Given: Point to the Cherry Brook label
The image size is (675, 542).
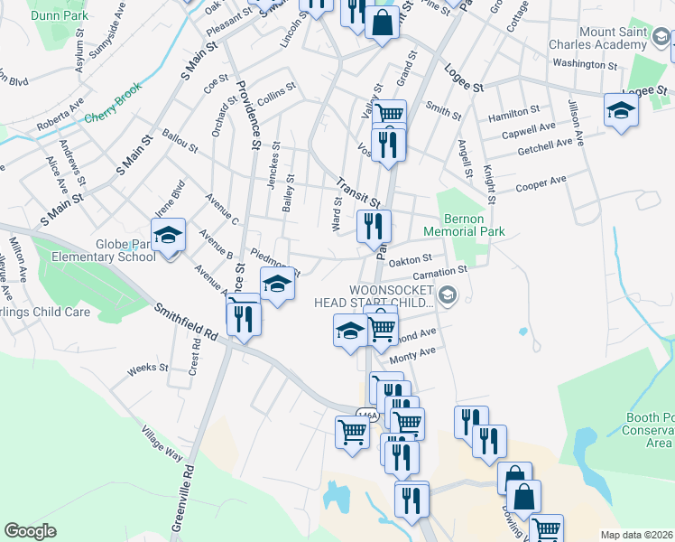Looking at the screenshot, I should pyautogui.click(x=113, y=117).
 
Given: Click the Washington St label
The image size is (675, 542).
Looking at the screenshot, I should pyautogui.click(x=584, y=64).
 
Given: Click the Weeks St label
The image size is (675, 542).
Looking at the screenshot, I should pyautogui.click(x=148, y=369).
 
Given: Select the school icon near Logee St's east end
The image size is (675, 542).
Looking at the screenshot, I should pyautogui.click(x=621, y=111).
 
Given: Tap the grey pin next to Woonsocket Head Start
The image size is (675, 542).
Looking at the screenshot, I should pyautogui.click(x=448, y=295).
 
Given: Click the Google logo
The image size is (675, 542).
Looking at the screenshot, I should pyautogui.click(x=31, y=531).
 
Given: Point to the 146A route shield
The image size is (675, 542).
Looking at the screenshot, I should pyautogui.click(x=366, y=415).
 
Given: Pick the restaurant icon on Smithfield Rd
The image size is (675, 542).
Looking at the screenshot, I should pyautogui.click(x=244, y=318).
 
